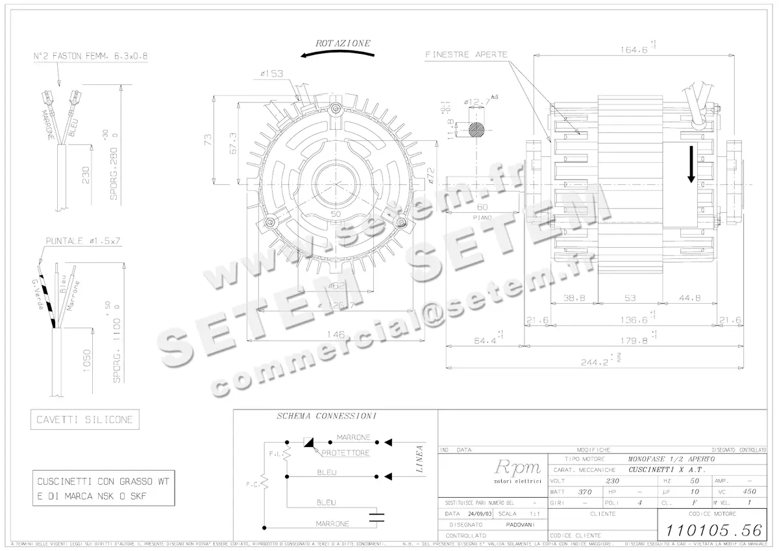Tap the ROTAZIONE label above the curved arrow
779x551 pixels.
tap(343, 43)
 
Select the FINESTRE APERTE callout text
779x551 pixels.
tap(466, 55)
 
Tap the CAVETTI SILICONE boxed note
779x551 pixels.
tap(84, 420)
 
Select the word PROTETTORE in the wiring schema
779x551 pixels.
tap(345, 452)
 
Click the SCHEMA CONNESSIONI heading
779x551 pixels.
tap(327, 417)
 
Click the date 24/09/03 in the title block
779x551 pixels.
tap(476, 513)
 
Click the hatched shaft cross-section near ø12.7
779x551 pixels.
tap(477, 129)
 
